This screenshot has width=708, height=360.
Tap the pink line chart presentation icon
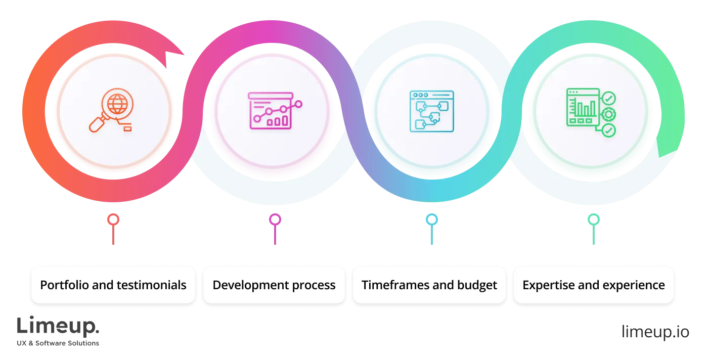(x=274, y=110)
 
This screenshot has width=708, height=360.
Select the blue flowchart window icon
(x=431, y=111)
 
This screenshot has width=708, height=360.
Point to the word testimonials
(x=151, y=285)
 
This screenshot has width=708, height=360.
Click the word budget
(x=477, y=285)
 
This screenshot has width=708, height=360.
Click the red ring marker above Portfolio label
(x=113, y=220)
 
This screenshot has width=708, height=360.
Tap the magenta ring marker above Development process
(x=275, y=220)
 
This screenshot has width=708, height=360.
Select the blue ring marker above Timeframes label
(x=431, y=220)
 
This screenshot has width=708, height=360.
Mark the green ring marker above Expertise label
(x=593, y=220)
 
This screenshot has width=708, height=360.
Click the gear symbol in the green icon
(x=609, y=114)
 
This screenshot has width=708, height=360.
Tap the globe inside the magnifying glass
(x=118, y=104)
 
